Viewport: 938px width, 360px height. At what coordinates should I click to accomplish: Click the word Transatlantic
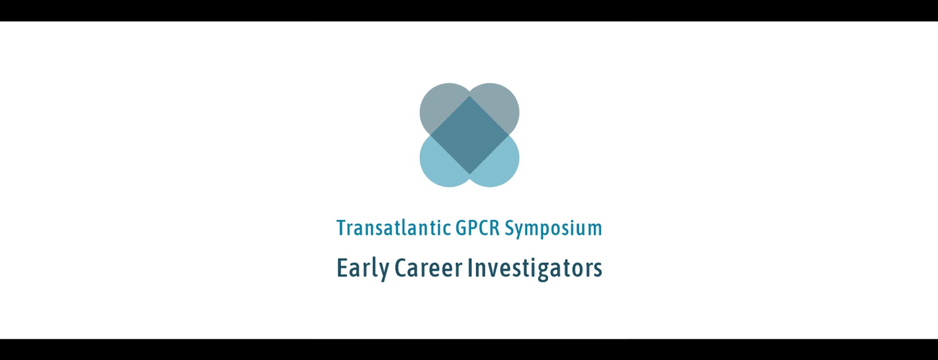394,228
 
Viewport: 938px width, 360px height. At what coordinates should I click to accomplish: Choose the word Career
429,268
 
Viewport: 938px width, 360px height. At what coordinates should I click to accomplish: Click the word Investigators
535,268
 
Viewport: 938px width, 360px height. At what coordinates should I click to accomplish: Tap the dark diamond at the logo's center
469,135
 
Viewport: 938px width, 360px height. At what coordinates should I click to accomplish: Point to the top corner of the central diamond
469,96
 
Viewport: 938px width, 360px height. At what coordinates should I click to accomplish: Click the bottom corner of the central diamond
469,174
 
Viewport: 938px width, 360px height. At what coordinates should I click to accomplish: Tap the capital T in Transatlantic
342,228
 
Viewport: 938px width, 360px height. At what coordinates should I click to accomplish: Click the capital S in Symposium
510,228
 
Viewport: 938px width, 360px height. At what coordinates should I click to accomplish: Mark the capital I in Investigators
470,268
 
